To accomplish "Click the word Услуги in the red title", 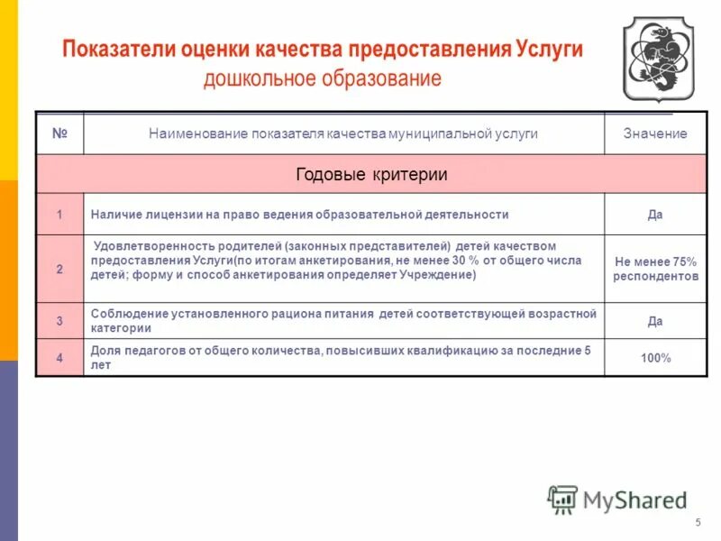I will click(550, 49).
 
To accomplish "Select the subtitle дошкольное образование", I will click(322, 78).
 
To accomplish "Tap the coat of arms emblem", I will click(659, 59).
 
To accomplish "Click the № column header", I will click(59, 133).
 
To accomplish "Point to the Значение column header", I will click(655, 133).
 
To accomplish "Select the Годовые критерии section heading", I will click(371, 174).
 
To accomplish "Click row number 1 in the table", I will click(59, 215).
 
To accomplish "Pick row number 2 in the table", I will click(59, 269).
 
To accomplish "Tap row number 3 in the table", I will click(59, 320).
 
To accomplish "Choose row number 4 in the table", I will click(59, 358).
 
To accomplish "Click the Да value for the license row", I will click(655, 215).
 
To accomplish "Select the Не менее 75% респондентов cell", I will click(655, 269).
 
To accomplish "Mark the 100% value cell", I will click(655, 358).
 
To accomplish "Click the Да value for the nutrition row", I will click(655, 320).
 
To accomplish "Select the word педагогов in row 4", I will click(148, 351).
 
